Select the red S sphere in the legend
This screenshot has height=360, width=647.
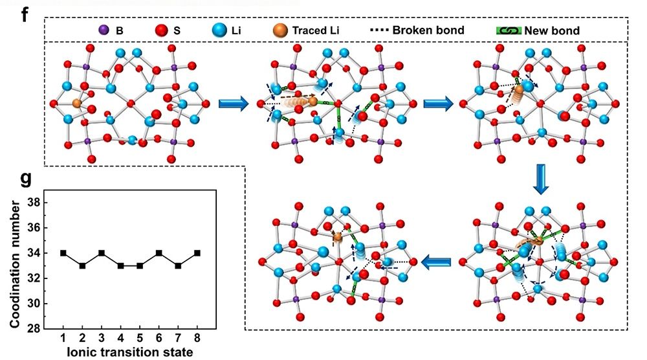click(161, 30)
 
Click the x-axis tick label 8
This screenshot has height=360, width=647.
click(197, 339)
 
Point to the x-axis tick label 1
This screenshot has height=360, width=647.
click(63, 339)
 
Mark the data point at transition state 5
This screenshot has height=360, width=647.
click(140, 265)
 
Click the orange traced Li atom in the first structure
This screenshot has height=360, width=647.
click(76, 103)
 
